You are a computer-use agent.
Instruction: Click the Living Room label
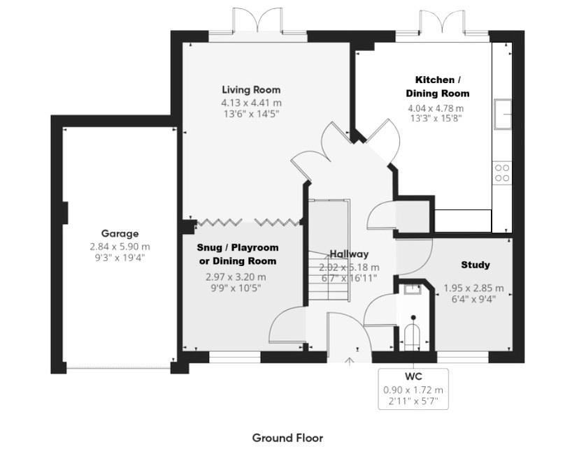coord(251,89)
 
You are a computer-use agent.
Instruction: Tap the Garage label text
coord(120,234)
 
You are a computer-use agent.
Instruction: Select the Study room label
coord(475,265)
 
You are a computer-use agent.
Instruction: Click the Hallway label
coord(349,254)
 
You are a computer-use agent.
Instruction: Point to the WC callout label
coord(413,378)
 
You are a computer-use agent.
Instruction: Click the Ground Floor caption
coord(287,438)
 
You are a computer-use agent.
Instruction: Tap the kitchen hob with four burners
coord(501,172)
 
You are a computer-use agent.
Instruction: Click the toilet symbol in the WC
coord(413,335)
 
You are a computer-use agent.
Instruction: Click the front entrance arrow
coord(350,360)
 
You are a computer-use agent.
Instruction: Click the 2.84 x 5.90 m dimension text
coord(120,246)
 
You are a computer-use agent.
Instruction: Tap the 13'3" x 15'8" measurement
coord(437,119)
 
